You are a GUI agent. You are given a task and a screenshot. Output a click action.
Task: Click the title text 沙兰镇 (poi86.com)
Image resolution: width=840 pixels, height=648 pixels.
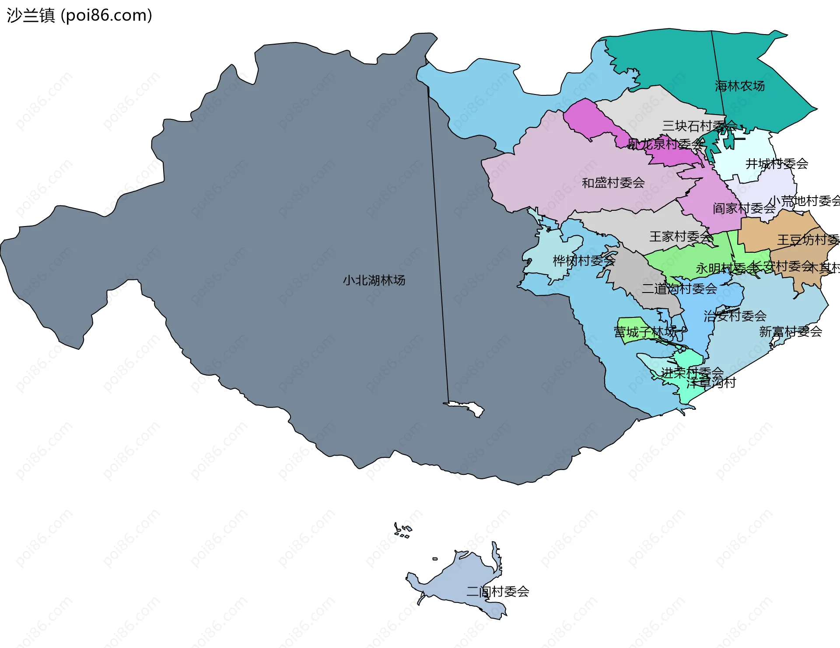(x=79, y=15)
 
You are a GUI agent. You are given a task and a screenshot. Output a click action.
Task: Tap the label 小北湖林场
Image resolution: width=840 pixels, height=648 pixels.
(x=374, y=280)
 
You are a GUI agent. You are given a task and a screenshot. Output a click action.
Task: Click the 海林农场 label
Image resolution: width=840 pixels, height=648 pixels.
(x=740, y=86)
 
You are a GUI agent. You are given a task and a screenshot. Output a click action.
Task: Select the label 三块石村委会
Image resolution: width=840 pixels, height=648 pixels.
(x=700, y=126)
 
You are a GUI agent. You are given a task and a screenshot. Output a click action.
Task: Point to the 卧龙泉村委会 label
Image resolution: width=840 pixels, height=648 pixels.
(x=665, y=144)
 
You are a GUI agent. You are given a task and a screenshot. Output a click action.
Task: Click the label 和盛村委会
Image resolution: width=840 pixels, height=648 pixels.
(x=613, y=183)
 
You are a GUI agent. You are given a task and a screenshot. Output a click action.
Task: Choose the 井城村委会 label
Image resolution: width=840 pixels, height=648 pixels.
(x=777, y=164)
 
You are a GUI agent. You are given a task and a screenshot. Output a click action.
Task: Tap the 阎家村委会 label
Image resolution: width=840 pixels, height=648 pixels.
(x=744, y=208)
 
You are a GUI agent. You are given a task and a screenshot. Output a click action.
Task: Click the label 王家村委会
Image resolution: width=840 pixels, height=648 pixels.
(x=681, y=237)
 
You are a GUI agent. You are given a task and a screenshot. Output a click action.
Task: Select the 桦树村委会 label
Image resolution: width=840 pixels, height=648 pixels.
(x=584, y=261)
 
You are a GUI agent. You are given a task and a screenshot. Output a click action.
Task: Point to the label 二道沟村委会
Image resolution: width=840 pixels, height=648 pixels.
(x=679, y=289)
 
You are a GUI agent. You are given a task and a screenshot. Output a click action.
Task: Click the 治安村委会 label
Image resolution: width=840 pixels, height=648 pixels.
(x=735, y=316)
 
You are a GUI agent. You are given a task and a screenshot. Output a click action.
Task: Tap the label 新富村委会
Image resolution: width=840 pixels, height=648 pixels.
(x=790, y=332)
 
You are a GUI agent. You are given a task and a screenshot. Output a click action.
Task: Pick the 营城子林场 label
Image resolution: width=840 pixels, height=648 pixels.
(x=645, y=332)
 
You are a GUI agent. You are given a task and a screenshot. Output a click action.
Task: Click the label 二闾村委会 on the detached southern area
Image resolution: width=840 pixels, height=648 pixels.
(x=497, y=592)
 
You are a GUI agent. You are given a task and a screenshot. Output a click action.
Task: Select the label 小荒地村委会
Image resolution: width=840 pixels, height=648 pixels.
(x=804, y=201)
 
